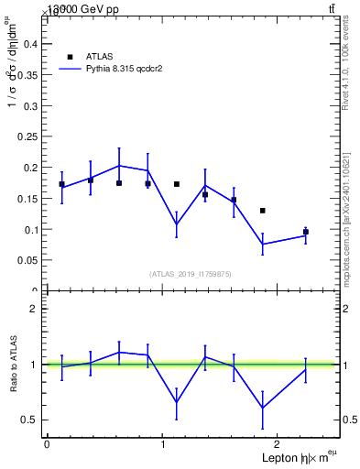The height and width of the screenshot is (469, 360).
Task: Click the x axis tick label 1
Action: pyautogui.click(x=163, y=444)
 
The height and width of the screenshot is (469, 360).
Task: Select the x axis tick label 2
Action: pyautogui.click(x=279, y=444)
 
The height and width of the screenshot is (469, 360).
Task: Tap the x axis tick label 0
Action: pyautogui.click(x=47, y=444)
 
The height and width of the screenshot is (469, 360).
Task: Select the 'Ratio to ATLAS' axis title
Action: pyautogui.click(x=13, y=364)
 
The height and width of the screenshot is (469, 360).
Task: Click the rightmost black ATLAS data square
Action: pyautogui.click(x=306, y=232)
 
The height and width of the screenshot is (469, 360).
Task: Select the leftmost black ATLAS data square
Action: pyautogui.click(x=61, y=184)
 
